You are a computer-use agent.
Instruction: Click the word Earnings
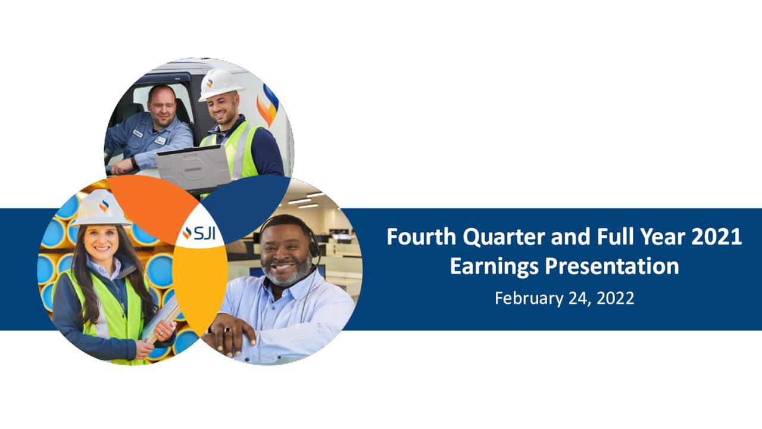tap(494, 267)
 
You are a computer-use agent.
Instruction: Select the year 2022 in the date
tap(616, 298)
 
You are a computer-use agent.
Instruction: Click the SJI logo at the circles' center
tap(199, 232)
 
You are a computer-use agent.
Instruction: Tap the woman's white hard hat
tap(101, 209)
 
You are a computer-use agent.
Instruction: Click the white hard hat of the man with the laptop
tap(220, 85)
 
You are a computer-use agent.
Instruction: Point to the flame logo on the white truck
tap(268, 105)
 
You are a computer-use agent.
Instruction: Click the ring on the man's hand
tap(227, 330)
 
